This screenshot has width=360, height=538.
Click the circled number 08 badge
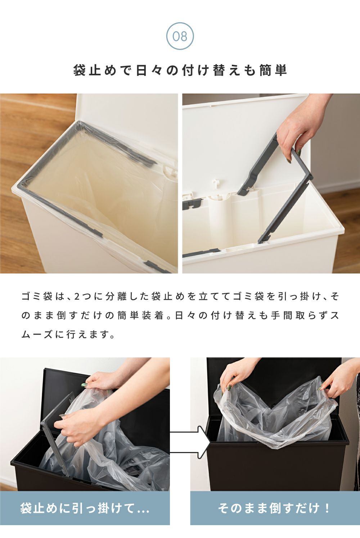point(180,36)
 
